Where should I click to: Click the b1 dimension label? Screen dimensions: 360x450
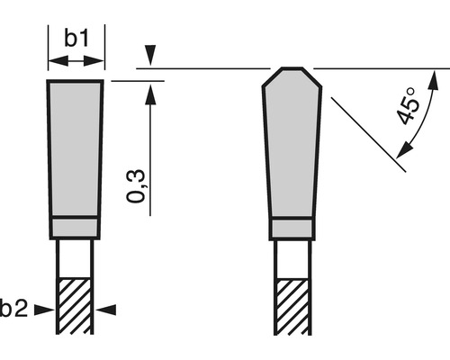click(x=75, y=39)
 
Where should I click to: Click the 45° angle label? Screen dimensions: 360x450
click(x=410, y=107)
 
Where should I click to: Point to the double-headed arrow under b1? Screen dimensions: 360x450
click(x=75, y=60)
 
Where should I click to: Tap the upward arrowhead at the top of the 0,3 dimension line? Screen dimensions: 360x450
click(x=151, y=87)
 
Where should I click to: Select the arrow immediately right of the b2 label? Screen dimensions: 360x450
click(x=44, y=310)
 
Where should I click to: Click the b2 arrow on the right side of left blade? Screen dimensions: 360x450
click(x=105, y=310)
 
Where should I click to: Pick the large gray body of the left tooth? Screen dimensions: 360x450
click(x=75, y=148)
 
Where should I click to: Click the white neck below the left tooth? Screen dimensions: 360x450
click(x=75, y=256)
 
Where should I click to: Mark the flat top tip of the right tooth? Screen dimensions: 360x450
click(x=290, y=69)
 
